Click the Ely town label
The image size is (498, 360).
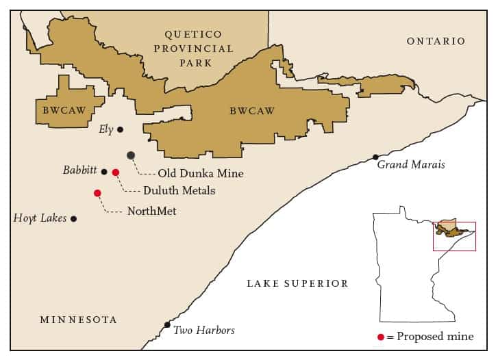click(x=105, y=129)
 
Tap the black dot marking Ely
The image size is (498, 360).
click(x=121, y=129)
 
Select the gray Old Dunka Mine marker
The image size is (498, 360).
click(x=131, y=155)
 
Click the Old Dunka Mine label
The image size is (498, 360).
click(x=200, y=174)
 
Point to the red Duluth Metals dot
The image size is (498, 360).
click(x=116, y=172)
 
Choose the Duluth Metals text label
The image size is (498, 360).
click(x=179, y=191)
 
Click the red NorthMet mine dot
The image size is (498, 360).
click(x=97, y=193)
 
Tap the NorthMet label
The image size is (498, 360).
click(x=151, y=211)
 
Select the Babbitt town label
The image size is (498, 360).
click(x=80, y=170)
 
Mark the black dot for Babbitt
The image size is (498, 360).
click(x=104, y=172)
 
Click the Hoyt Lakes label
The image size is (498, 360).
click(x=40, y=218)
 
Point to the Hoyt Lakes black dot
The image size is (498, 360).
click(x=74, y=219)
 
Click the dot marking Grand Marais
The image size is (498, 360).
click(x=375, y=157)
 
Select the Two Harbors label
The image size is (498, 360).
click(x=203, y=331)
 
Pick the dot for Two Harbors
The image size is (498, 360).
click(x=167, y=324)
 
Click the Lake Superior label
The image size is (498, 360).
click(x=297, y=283)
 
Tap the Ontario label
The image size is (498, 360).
click(x=436, y=42)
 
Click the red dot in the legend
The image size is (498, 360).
click(x=380, y=337)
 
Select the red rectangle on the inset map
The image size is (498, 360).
click(x=454, y=236)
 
